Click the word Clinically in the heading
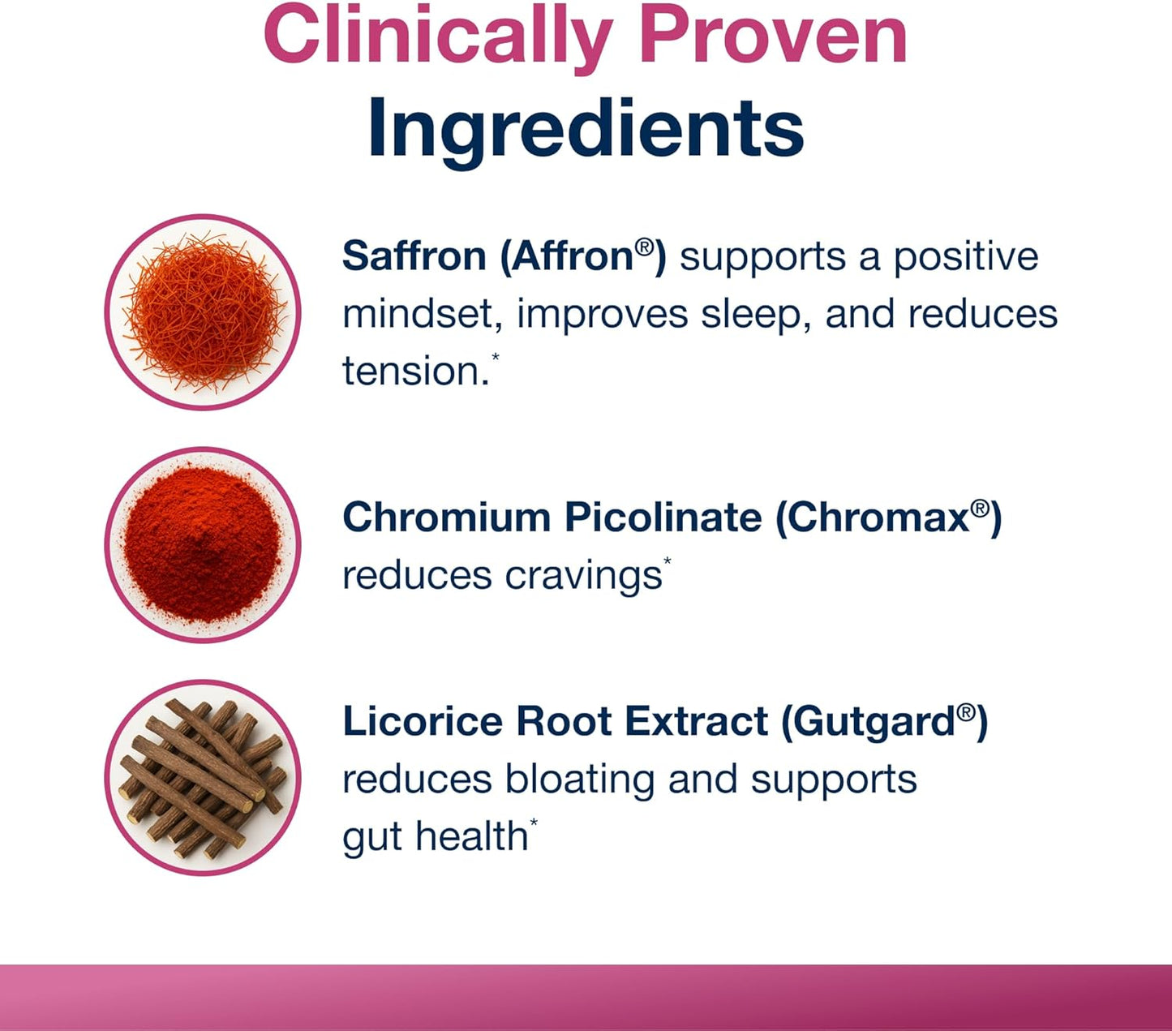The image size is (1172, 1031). click(437, 37)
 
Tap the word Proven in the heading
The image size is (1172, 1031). click(773, 37)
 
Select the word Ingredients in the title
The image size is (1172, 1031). click(586, 128)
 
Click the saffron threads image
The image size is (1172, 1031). click(203, 312)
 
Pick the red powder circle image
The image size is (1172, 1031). click(203, 545)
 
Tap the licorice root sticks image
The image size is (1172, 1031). click(203, 778)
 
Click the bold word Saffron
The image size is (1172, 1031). click(414, 256)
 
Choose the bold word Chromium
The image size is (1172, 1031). click(446, 518)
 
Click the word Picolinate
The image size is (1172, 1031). click(663, 518)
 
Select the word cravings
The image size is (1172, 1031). click(583, 577)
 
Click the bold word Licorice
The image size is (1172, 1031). click(422, 721)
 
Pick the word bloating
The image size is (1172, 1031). click(579, 780)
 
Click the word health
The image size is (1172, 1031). click(471, 836)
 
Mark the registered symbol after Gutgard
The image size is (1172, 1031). click(965, 713)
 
